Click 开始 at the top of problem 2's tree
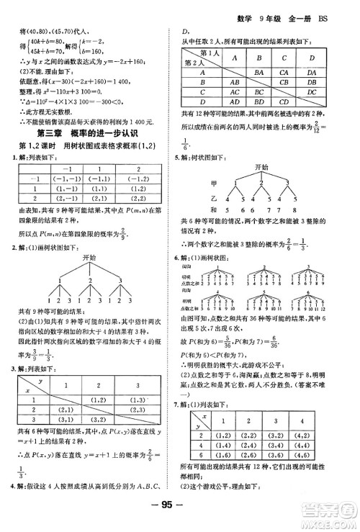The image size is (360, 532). click(89, 256)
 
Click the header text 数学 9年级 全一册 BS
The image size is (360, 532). click(296, 9)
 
